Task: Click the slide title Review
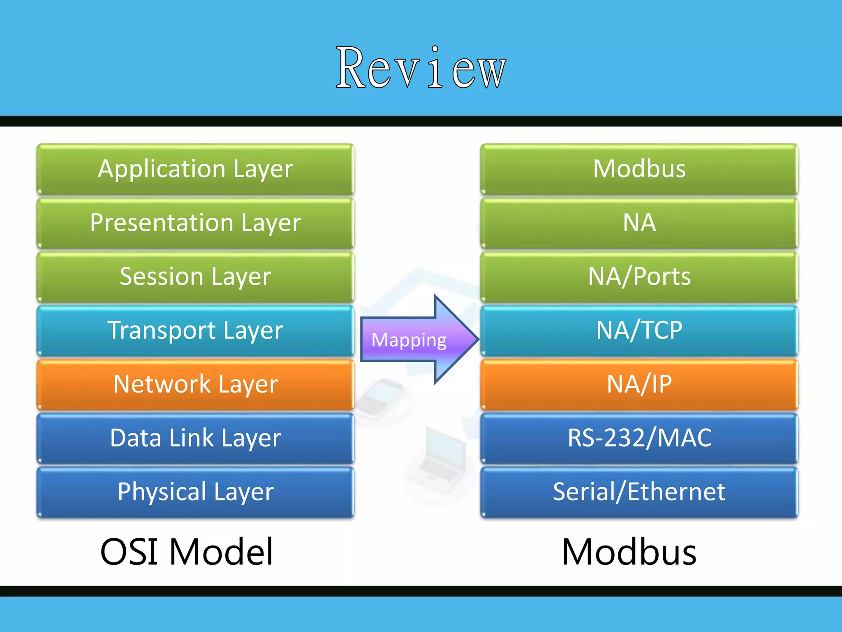[421, 68]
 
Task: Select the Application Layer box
[195, 169]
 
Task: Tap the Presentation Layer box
[195, 223]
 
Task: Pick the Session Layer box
[195, 276]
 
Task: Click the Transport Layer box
[195, 330]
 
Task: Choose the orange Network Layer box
[195, 384]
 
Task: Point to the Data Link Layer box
[195, 438]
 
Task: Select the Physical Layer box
[195, 492]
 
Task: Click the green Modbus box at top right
[639, 169]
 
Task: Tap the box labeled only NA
[639, 223]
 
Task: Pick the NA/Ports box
[639, 276]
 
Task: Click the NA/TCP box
[639, 330]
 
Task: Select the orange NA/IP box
[639, 384]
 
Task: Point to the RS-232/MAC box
[639, 438]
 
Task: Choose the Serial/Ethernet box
[639, 492]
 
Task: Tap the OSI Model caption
[187, 552]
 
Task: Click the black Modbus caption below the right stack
[629, 552]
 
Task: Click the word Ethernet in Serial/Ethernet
[676, 492]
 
